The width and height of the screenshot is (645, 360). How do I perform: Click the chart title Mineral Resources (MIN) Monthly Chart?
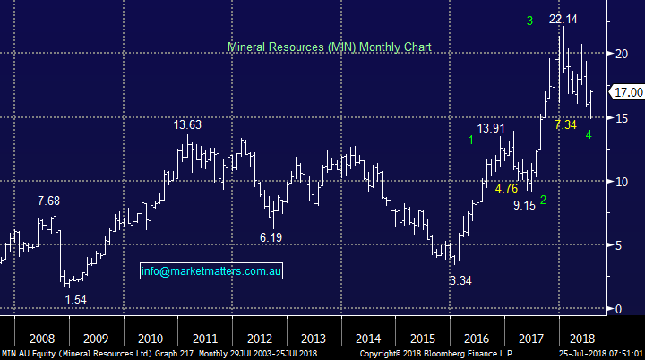330,46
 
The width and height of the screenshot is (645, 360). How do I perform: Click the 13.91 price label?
496,128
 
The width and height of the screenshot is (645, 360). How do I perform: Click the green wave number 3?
529,20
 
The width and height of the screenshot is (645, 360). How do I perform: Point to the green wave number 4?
589,134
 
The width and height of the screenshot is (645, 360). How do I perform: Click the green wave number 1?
470,139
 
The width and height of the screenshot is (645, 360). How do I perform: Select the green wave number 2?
544,199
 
